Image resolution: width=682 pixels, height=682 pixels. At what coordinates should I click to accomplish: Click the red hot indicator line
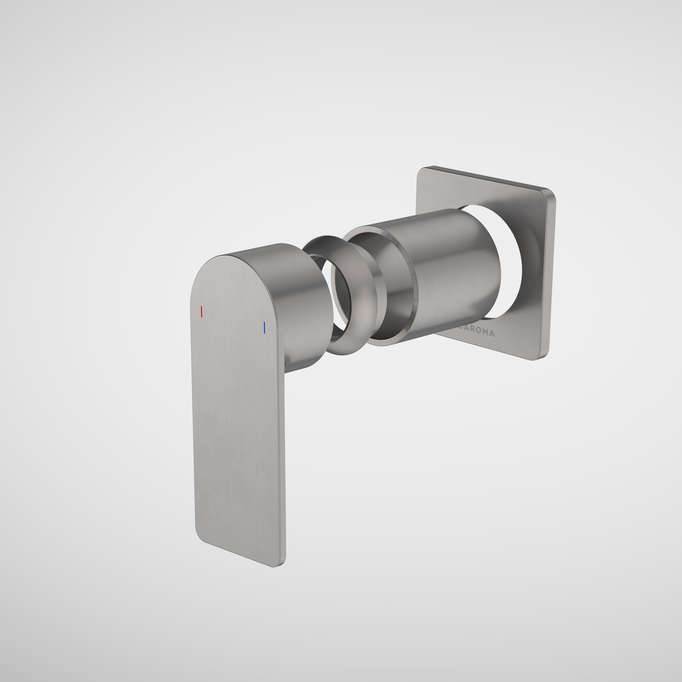tap(201, 312)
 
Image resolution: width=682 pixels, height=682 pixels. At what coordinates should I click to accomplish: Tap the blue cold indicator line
tap(264, 328)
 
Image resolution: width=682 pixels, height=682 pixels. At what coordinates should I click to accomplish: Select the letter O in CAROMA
tap(476, 332)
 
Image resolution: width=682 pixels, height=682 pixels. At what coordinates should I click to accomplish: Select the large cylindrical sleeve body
tap(455, 272)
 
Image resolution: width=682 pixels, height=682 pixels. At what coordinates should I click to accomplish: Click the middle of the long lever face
tap(238, 424)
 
